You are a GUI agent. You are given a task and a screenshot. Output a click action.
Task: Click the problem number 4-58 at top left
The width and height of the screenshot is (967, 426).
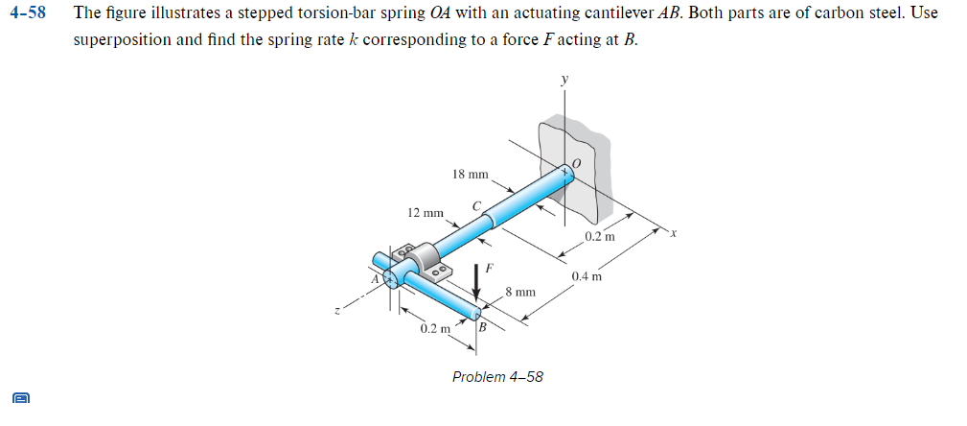(x=29, y=14)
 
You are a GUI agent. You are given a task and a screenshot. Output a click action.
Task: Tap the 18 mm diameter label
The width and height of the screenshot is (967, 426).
(x=470, y=175)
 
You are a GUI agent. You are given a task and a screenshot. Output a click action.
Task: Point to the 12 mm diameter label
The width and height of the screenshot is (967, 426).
(x=426, y=212)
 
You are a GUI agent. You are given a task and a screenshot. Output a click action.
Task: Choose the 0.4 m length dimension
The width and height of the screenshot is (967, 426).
(x=587, y=277)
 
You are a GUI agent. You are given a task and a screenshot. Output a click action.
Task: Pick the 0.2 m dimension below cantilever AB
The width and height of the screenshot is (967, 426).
(x=435, y=329)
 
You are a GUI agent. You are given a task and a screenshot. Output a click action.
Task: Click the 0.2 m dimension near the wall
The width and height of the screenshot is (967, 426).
(x=600, y=236)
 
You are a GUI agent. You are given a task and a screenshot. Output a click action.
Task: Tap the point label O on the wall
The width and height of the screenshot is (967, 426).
(x=576, y=162)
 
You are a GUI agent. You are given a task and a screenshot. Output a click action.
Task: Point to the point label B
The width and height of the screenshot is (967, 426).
(x=482, y=329)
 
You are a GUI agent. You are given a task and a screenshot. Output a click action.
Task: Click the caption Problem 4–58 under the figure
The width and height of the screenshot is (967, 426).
(x=497, y=377)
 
